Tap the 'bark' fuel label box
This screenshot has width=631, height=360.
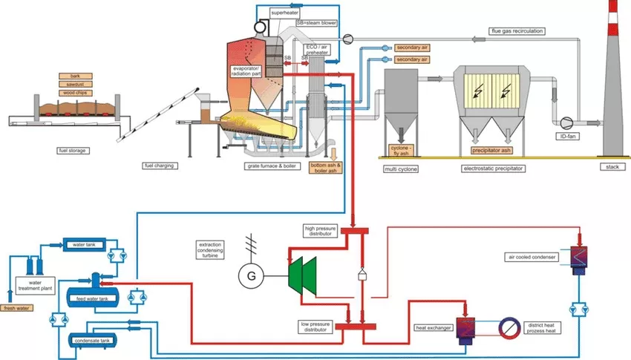click(74, 76)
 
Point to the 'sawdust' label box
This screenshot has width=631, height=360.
click(74, 84)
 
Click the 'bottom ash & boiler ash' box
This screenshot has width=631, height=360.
click(325, 167)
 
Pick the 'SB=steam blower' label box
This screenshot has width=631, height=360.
click(315, 23)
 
